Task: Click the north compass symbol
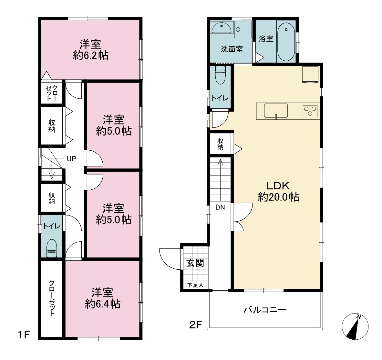point(355,326)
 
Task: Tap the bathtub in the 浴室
point(286,42)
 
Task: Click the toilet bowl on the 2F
point(221,75)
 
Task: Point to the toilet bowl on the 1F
point(51,248)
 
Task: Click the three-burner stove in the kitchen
point(310,111)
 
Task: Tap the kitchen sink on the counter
point(276,111)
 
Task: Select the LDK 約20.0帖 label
point(278,191)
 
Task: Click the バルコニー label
point(265,310)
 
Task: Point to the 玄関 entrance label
point(195,263)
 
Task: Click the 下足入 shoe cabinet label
point(195,285)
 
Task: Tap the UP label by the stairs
point(71,159)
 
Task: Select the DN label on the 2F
point(220,207)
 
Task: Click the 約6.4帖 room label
point(103,304)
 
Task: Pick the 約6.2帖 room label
point(91,56)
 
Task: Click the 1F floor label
point(23,335)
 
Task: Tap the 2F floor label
point(196,325)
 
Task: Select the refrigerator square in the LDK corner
point(310,75)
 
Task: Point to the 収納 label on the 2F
point(220,144)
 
